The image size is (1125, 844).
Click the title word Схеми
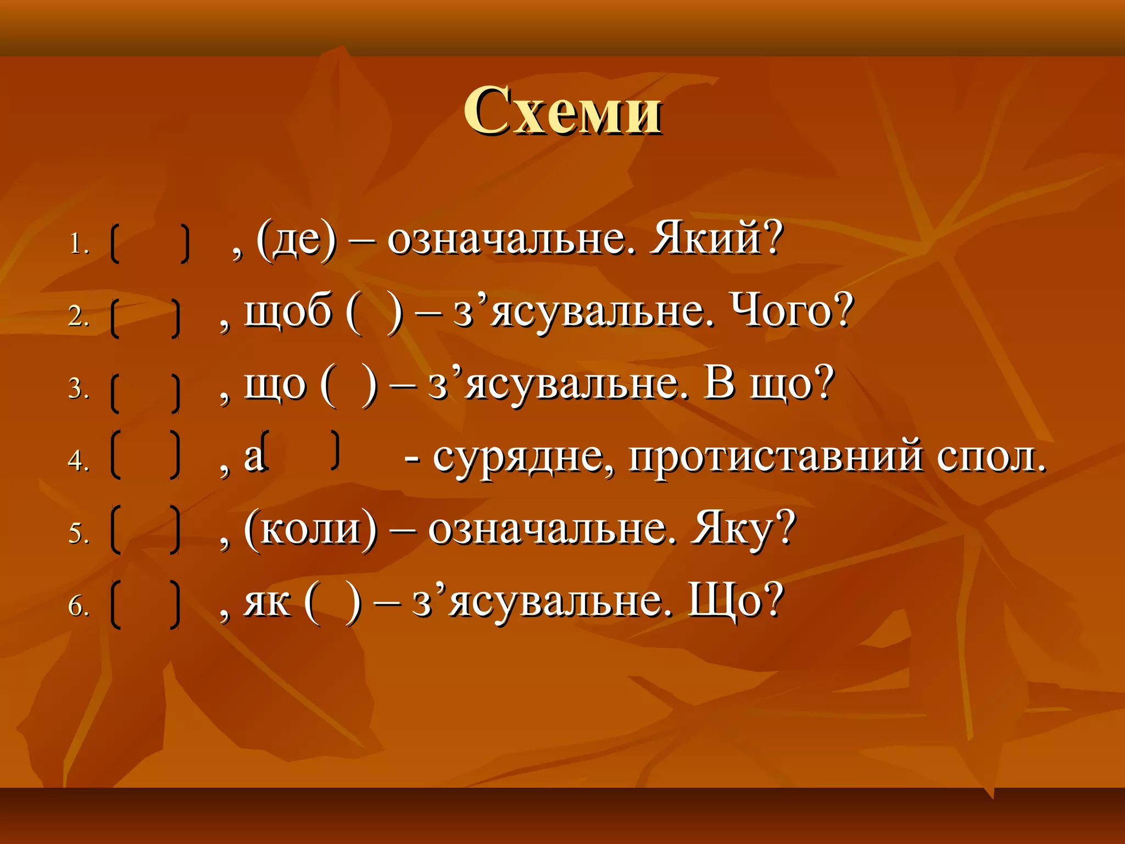562,112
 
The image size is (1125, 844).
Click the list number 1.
79,243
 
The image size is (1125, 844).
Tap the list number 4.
79,460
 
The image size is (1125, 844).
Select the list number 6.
79,606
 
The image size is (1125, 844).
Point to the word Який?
715,240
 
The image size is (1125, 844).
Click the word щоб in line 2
288,312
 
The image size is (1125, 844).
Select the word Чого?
791,312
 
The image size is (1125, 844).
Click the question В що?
769,384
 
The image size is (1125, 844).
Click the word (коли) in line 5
311,529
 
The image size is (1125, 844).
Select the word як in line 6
268,602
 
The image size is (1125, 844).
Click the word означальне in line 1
511,241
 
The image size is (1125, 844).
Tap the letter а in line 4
254,457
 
